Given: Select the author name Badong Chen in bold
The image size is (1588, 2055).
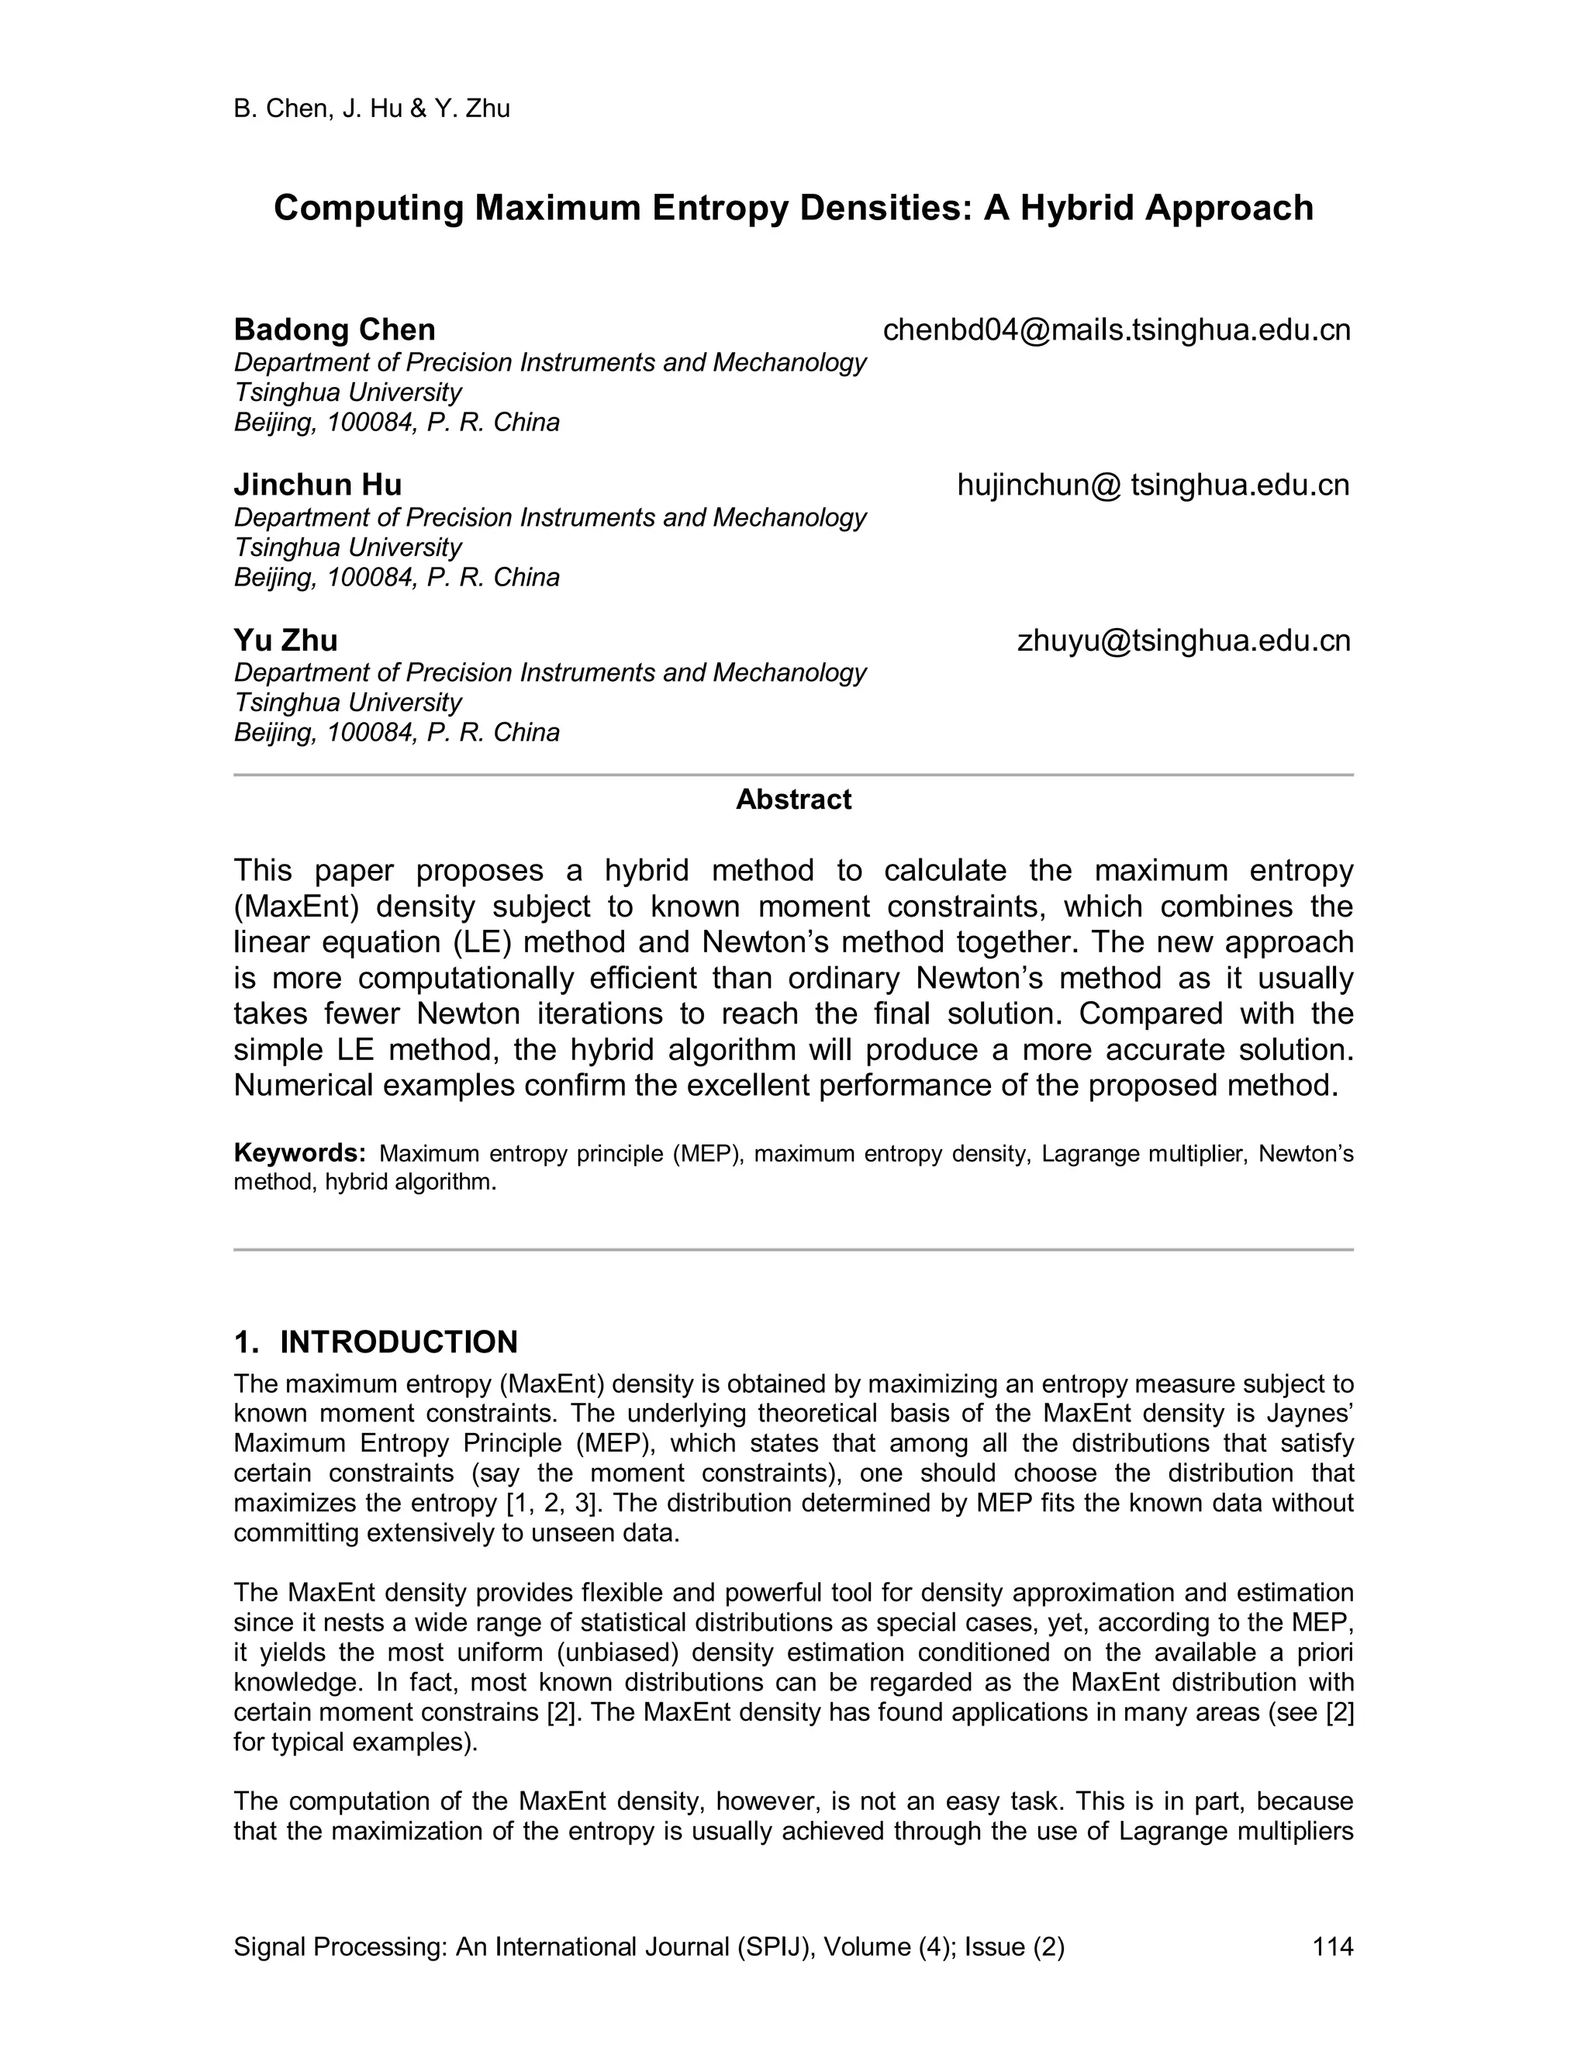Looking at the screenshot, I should [x=334, y=330].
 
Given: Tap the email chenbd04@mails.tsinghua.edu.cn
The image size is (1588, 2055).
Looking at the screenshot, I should [x=1116, y=330].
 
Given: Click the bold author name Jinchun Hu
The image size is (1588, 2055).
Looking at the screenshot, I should [x=317, y=485].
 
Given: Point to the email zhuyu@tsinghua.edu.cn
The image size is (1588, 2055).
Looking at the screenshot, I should [x=1183, y=641].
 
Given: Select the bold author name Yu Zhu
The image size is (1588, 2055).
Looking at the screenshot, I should [x=285, y=641].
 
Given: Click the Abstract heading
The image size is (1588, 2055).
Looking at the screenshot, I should [x=793, y=800].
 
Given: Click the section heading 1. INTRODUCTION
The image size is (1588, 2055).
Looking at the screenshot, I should [x=375, y=1342].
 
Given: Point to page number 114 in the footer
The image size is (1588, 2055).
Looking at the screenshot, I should [x=1332, y=1946].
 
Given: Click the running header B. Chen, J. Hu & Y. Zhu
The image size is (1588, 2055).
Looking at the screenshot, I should [x=371, y=109].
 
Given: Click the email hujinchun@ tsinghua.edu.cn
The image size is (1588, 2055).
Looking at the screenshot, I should [x=1152, y=485].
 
